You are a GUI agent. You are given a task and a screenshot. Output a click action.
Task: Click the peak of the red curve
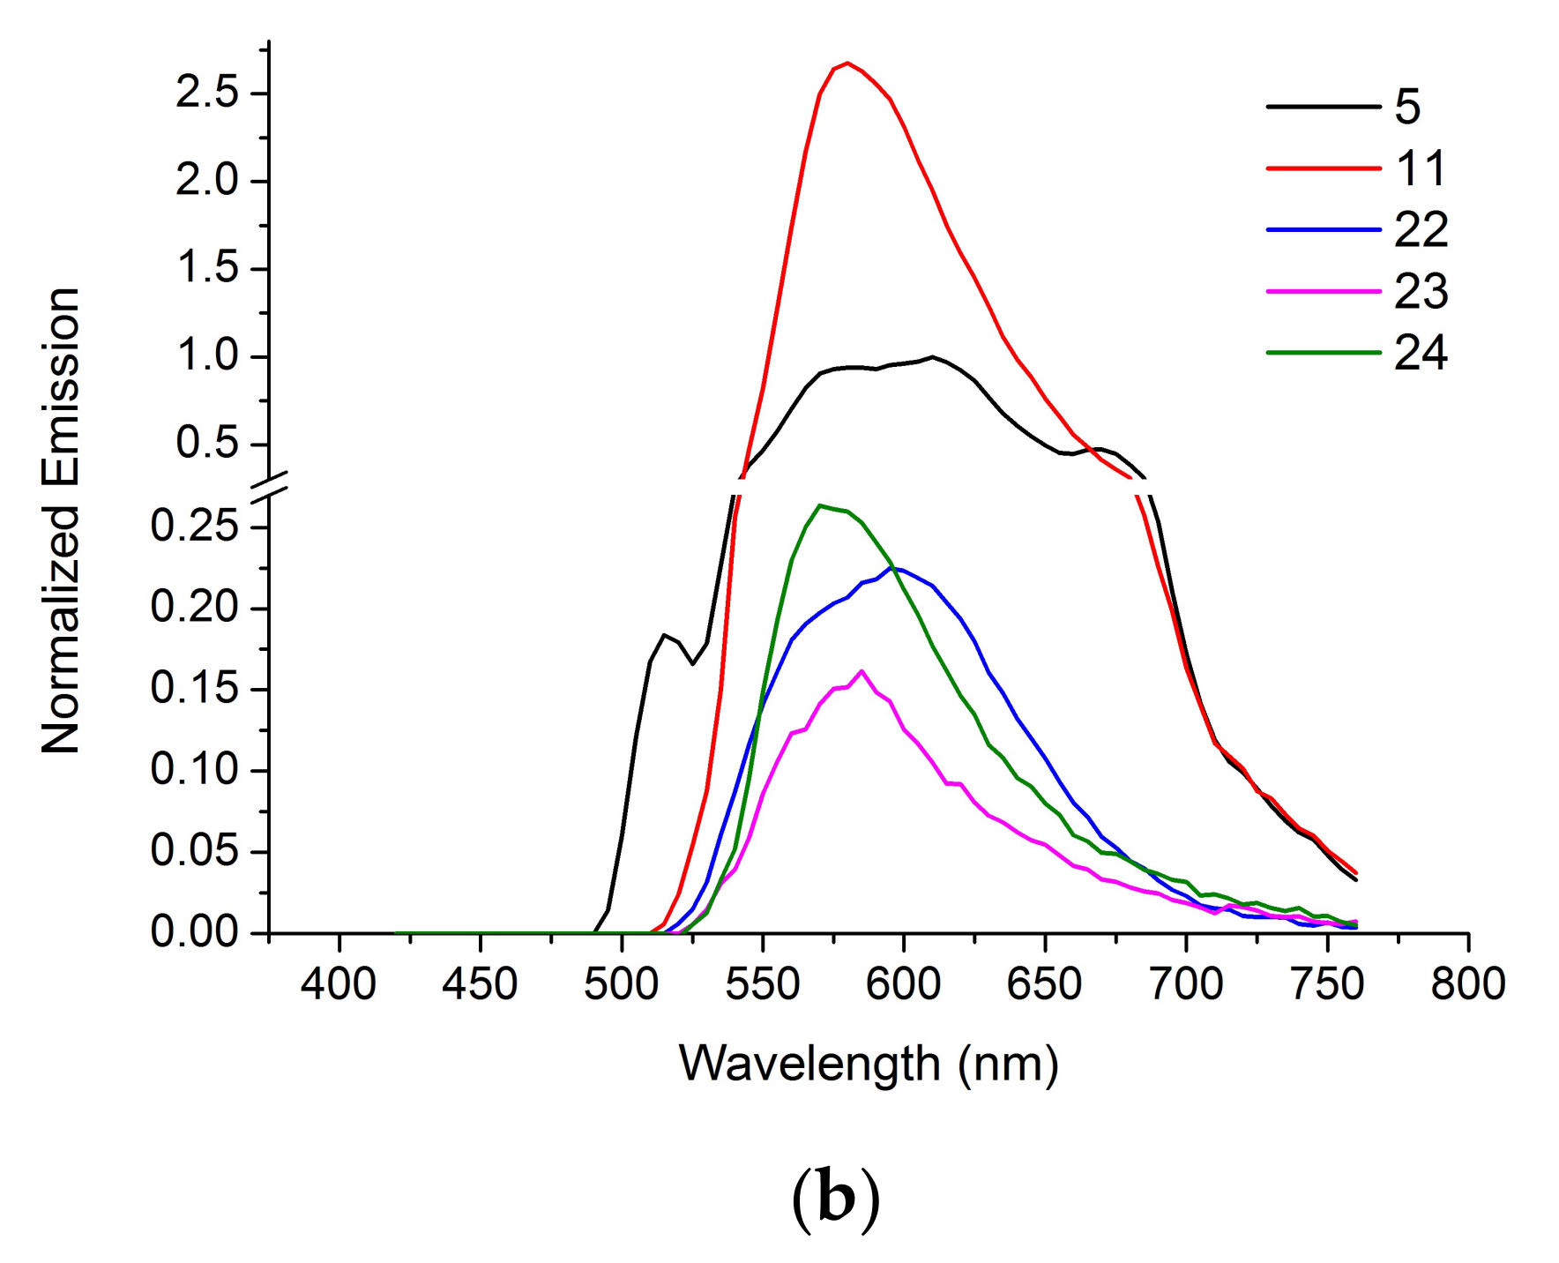[847, 64]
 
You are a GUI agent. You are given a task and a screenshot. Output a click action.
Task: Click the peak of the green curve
[820, 506]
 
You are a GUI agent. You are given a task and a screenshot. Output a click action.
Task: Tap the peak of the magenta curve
[862, 671]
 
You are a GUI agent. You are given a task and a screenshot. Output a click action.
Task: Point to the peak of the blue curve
[895, 568]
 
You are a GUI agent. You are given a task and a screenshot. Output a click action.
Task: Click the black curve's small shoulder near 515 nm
[664, 635]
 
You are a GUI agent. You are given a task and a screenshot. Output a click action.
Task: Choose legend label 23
[1421, 291]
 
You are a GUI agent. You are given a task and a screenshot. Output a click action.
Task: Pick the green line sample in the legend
[1323, 353]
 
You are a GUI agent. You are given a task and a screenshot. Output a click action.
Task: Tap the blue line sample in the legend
[1323, 229]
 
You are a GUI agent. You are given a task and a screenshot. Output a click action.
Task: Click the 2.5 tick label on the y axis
[207, 93]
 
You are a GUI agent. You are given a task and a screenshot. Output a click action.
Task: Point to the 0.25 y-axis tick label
[195, 527]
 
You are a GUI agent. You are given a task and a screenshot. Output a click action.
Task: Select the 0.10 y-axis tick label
[195, 770]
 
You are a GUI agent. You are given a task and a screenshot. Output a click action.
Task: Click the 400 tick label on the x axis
[339, 983]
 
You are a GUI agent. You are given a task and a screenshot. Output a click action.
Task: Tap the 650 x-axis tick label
[1044, 983]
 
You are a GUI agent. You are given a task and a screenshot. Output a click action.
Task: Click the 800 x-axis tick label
[1467, 983]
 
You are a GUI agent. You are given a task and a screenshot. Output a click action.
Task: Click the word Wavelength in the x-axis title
[809, 1063]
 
